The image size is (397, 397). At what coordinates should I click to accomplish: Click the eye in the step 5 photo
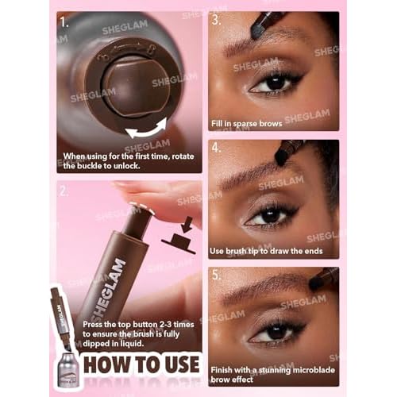click(274, 332)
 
